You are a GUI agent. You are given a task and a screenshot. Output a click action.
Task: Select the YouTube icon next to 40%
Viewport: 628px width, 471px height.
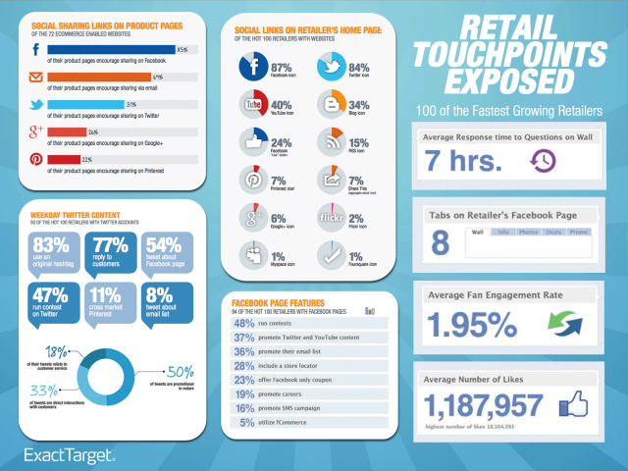point(253,105)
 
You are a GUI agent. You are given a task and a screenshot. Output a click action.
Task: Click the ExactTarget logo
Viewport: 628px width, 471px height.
point(70,454)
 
